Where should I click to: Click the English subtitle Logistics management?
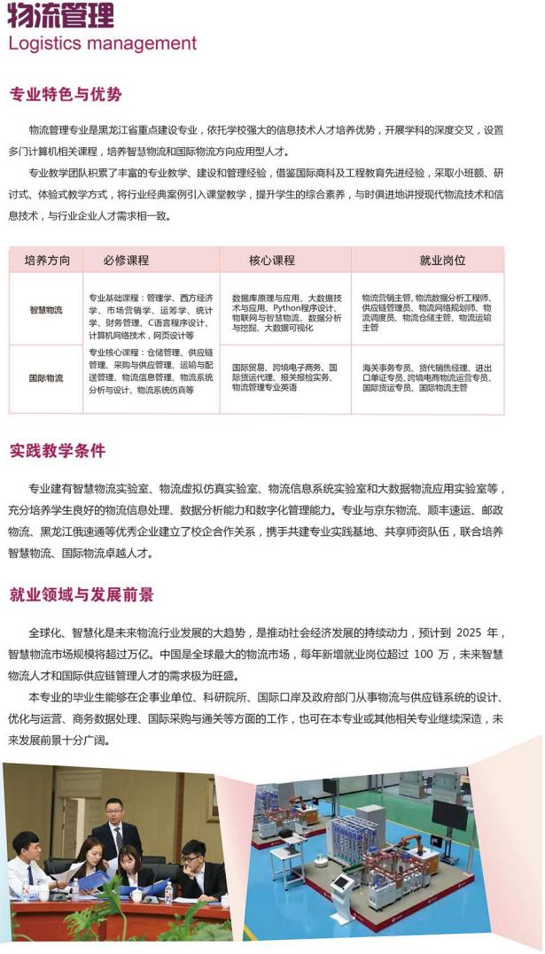pos(102,43)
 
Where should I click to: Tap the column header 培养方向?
pos(47,260)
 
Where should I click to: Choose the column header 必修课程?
pos(126,260)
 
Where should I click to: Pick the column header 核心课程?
pos(272,260)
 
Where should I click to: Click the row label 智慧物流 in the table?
pos(47,310)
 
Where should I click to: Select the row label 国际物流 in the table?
pos(47,378)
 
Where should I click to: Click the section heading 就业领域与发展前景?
pos(82,593)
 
